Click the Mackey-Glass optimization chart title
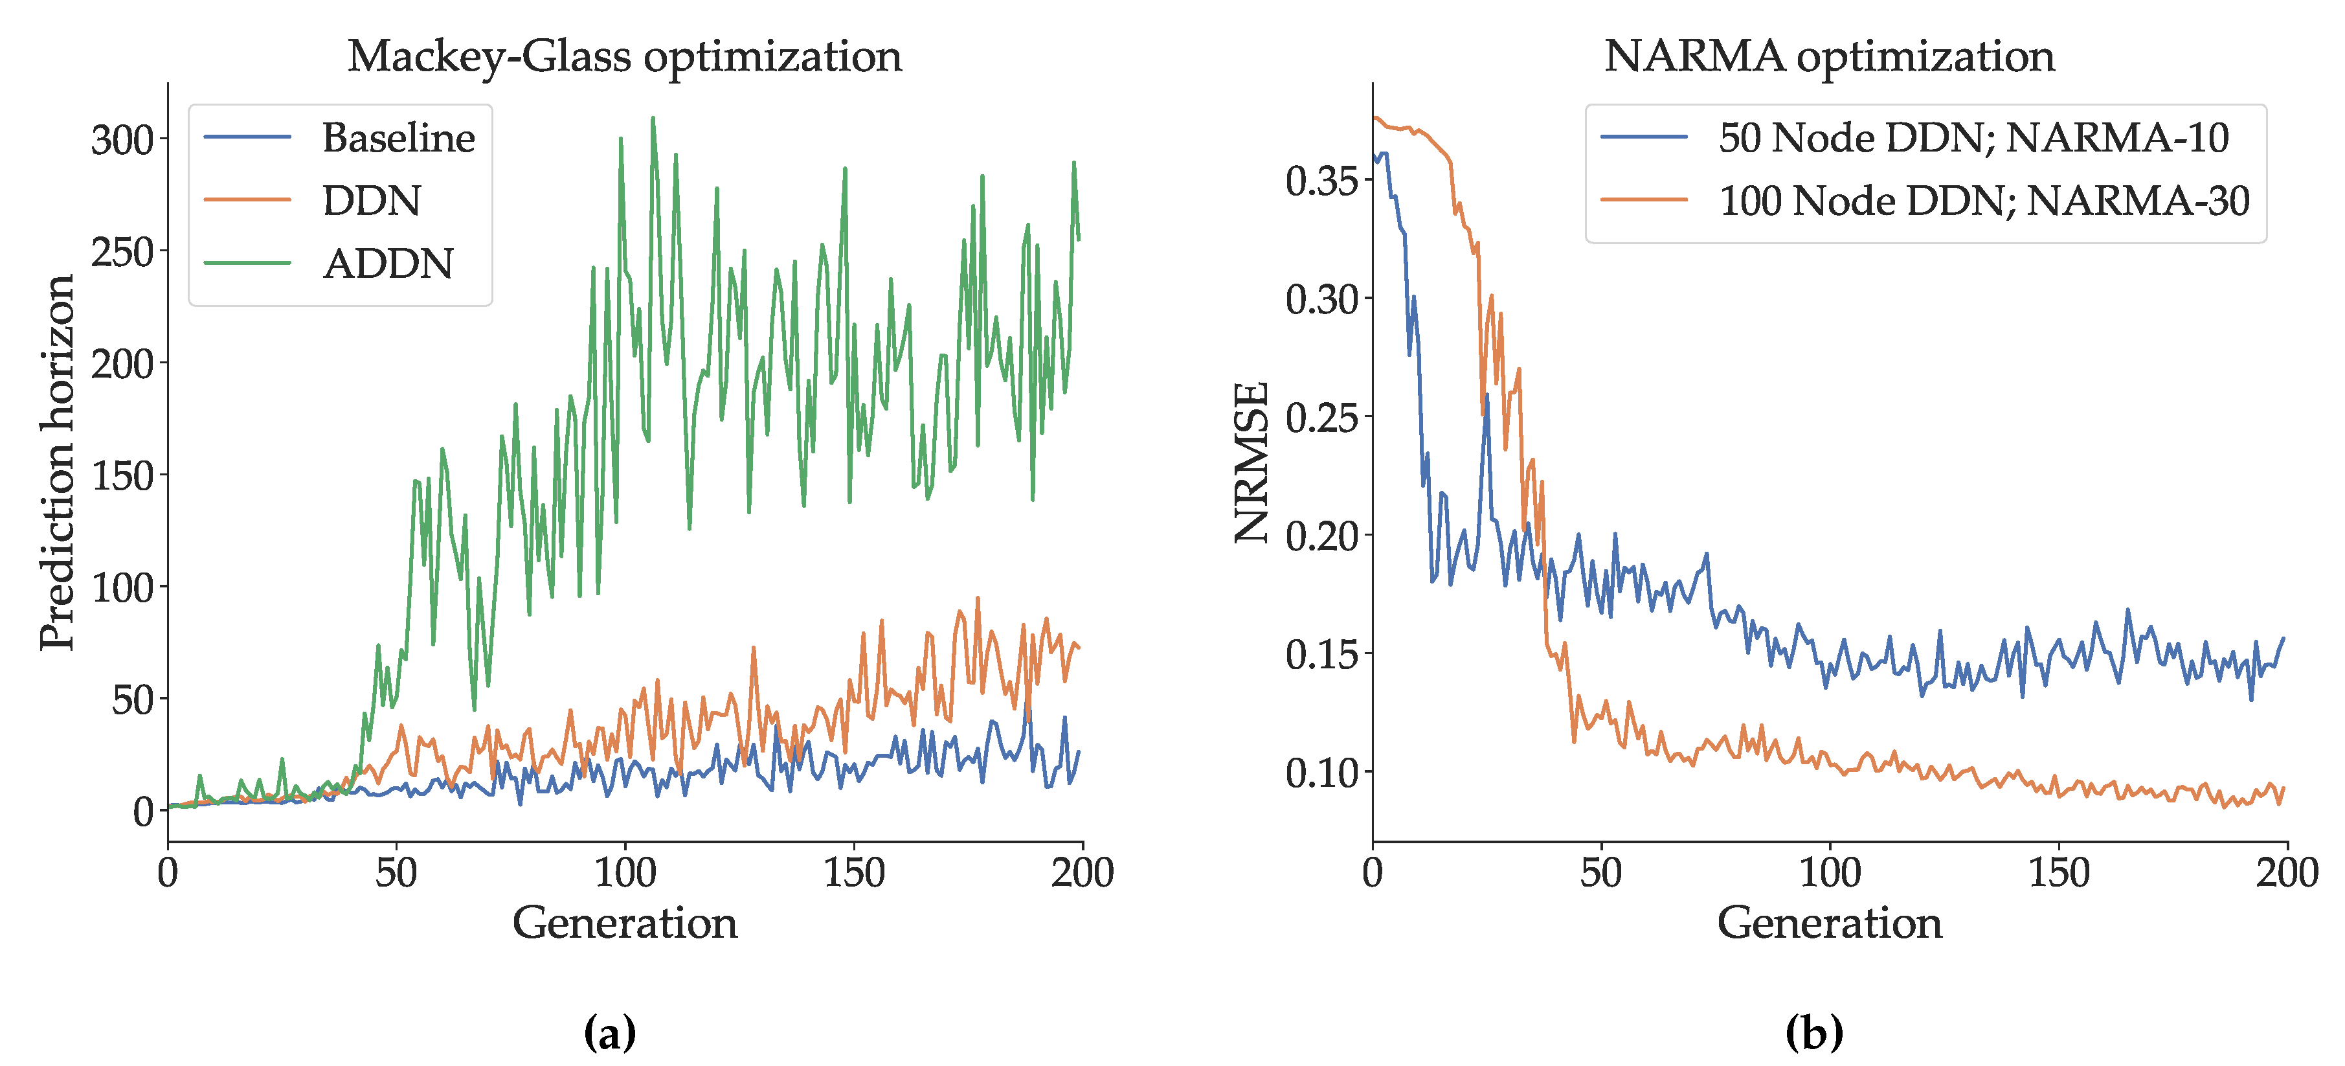click(625, 56)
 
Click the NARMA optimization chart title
click(1829, 56)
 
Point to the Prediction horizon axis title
click(56, 462)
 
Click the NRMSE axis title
click(1251, 462)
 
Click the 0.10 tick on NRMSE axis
click(1322, 773)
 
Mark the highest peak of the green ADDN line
click(653, 119)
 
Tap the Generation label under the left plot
click(625, 923)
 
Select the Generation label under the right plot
click(1830, 923)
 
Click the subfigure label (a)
click(609, 1032)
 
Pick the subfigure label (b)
click(1814, 1032)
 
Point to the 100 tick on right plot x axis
click(1830, 873)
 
